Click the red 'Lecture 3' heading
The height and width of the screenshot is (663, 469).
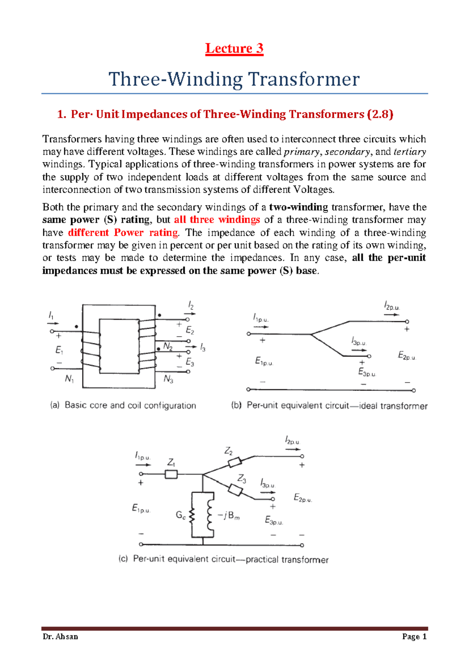[234, 48]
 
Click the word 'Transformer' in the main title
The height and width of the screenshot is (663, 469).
[304, 79]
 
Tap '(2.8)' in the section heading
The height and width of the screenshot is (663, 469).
[380, 114]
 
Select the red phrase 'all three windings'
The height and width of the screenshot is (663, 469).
[217, 220]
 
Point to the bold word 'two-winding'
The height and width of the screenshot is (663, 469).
[299, 207]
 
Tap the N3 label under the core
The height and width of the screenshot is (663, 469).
[168, 379]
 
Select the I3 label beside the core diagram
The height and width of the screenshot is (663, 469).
[202, 348]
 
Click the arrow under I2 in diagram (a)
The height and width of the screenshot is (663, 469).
[190, 314]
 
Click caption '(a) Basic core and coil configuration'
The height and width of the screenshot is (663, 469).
[123, 405]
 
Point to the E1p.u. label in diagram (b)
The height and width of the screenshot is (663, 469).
[264, 361]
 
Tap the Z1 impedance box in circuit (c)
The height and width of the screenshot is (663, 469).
[171, 475]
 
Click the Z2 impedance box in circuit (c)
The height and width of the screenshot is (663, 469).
[235, 463]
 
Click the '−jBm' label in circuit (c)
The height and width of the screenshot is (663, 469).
[229, 516]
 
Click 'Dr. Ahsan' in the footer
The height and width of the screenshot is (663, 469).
[61, 637]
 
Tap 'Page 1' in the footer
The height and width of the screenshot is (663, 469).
[414, 637]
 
